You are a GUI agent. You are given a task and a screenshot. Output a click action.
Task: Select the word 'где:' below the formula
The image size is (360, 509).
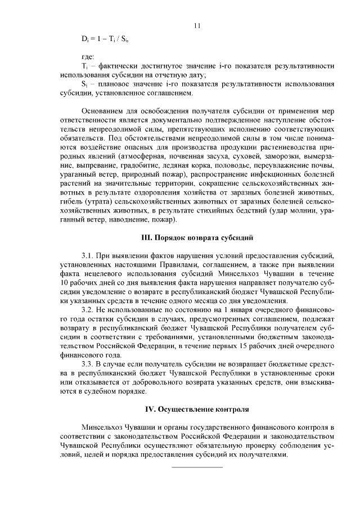(x=88, y=57)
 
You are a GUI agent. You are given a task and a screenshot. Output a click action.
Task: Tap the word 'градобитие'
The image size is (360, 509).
(x=133, y=165)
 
